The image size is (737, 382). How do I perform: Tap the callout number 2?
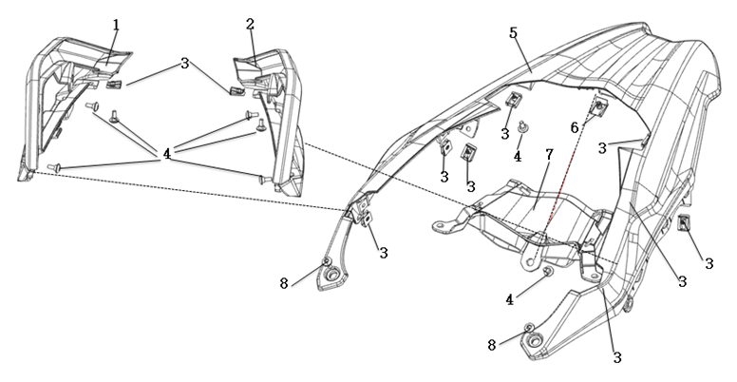coord(249,24)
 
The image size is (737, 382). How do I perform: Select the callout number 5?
coord(513,32)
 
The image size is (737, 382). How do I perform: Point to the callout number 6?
coord(574,126)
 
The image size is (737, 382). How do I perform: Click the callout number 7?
coord(549,153)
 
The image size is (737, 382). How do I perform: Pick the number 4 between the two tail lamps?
coord(166,151)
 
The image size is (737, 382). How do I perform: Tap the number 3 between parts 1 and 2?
coord(185,63)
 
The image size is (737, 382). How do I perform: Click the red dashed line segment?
coord(560,190)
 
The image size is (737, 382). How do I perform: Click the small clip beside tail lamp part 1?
coord(115,86)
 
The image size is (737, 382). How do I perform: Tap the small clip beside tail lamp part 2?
coord(235,90)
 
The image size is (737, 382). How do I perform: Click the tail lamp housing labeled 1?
coord(66,105)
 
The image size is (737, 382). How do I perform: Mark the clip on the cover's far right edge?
coord(684,224)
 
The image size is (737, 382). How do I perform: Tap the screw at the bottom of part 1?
coord(52,169)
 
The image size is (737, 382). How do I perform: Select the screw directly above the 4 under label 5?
coord(522,126)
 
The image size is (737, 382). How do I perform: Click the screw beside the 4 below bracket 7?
coord(548,271)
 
